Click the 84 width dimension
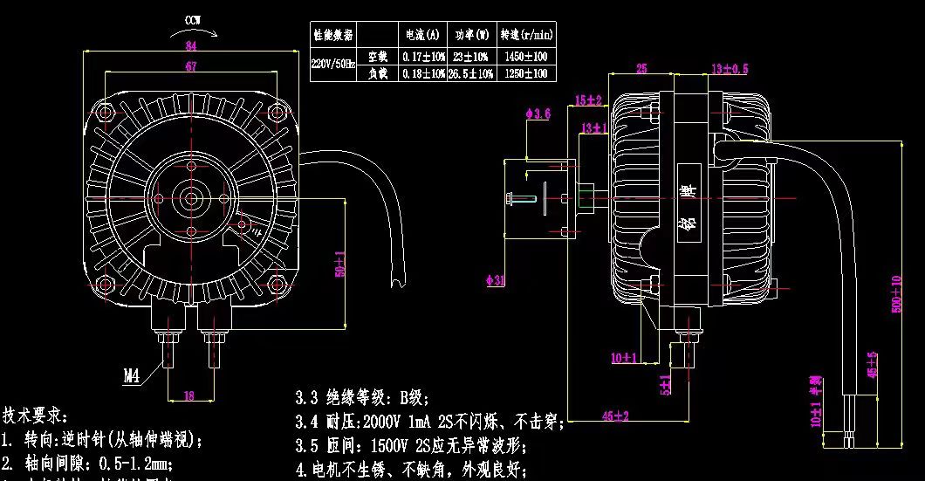tap(191, 45)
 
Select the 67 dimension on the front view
tap(191, 66)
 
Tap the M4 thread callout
tap(132, 376)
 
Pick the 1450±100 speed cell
tap(526, 57)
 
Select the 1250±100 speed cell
tap(526, 74)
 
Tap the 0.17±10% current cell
tap(423, 57)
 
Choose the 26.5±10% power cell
tap(471, 74)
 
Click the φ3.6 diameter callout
tap(538, 113)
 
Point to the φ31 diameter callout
tap(495, 281)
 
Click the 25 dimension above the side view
tap(641, 68)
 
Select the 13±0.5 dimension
tap(730, 68)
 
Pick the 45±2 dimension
tap(616, 416)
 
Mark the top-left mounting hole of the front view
tap(106, 113)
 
